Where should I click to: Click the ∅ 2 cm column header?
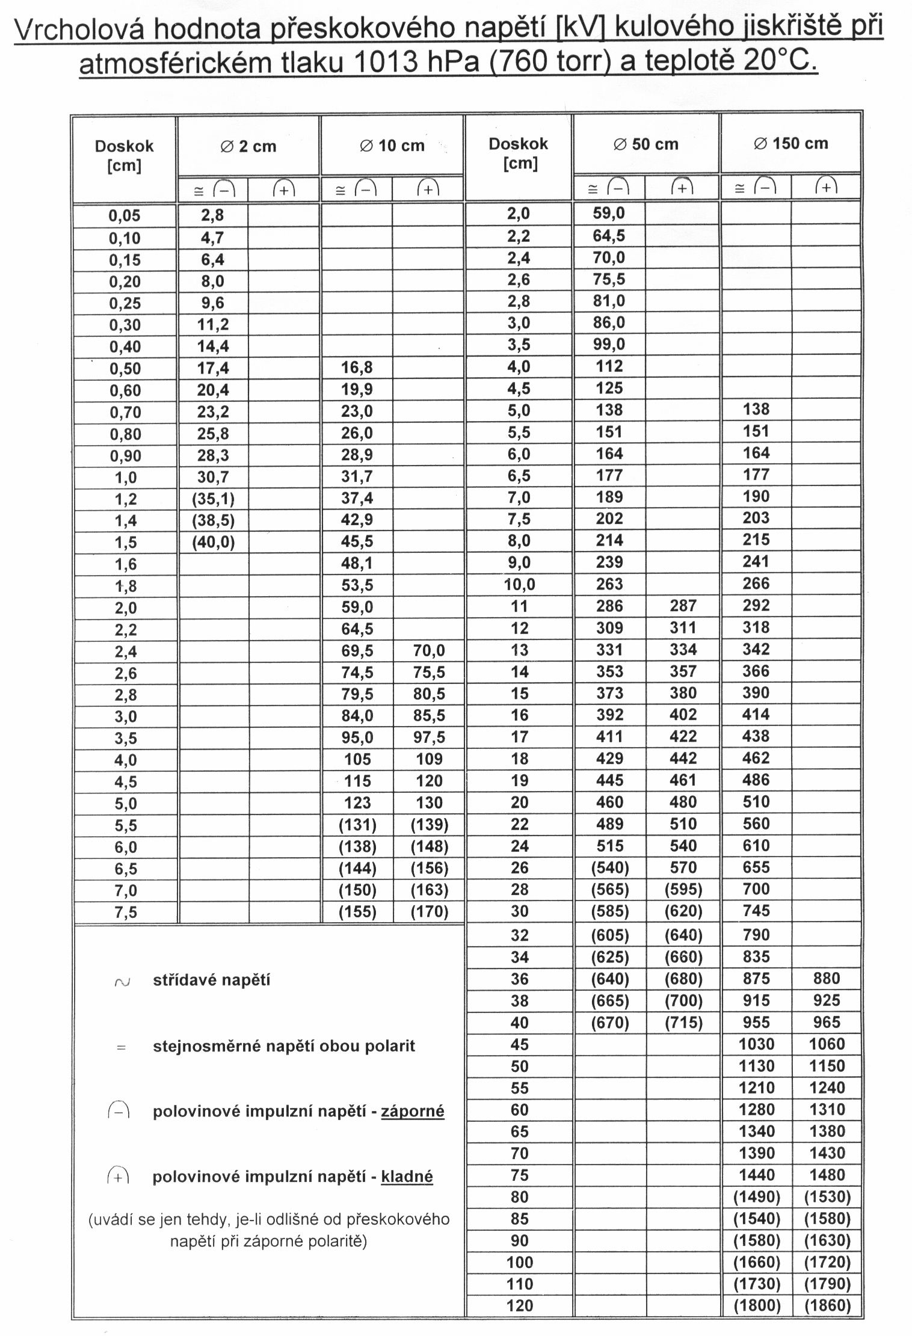click(x=248, y=146)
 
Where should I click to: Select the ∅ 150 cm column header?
click(x=790, y=144)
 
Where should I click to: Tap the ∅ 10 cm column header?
click(x=392, y=146)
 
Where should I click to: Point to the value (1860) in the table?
click(x=827, y=1306)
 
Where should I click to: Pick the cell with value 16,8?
click(x=357, y=368)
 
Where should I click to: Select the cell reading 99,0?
click(x=609, y=345)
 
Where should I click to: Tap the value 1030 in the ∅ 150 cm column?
click(x=756, y=1044)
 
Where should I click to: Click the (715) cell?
click(x=683, y=1023)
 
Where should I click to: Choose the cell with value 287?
click(x=683, y=606)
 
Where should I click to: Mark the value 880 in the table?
click(x=827, y=979)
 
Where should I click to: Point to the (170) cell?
click(x=429, y=912)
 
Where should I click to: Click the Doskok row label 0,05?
click(x=125, y=216)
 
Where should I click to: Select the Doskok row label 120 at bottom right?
click(x=519, y=1306)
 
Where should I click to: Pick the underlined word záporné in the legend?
click(x=413, y=1111)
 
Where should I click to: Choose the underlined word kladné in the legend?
click(x=407, y=1177)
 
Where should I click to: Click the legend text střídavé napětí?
click(x=211, y=980)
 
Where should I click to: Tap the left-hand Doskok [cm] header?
click(x=124, y=155)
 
